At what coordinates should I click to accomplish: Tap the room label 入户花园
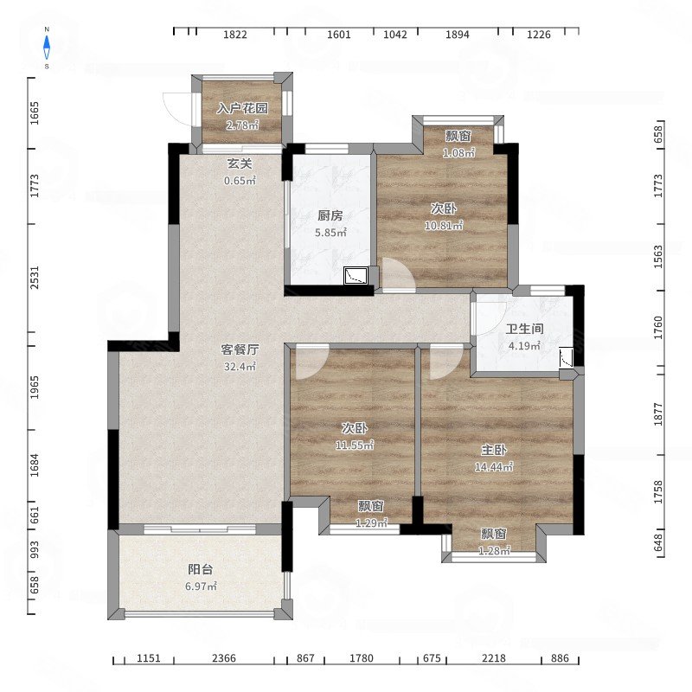[242, 109]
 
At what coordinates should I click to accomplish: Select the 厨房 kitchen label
[330, 215]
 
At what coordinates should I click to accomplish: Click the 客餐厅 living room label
[240, 350]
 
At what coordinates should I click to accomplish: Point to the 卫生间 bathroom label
[524, 329]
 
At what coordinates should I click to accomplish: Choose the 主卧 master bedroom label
[494, 450]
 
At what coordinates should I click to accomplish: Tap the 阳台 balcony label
[201, 569]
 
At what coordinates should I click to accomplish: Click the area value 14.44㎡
[494, 466]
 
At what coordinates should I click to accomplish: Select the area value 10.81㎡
[444, 226]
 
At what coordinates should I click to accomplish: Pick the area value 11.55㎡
[355, 445]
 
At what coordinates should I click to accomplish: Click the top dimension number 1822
[234, 35]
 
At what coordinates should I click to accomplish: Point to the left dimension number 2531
[35, 278]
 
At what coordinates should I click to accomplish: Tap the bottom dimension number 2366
[224, 658]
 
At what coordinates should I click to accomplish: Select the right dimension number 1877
[658, 414]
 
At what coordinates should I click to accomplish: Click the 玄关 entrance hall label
[240, 164]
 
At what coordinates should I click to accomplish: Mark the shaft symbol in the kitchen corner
[356, 275]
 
